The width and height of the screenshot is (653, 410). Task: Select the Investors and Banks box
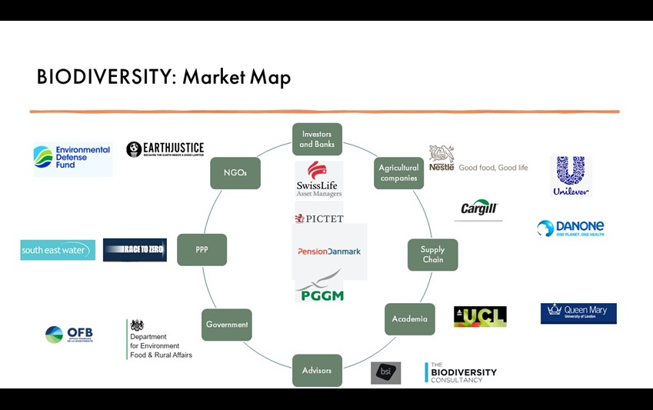317,139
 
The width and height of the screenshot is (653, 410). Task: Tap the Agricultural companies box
398,173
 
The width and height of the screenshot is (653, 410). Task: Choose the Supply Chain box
432,255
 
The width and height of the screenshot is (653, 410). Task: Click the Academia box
409,319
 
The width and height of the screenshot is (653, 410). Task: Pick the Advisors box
317,370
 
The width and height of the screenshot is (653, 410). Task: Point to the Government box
227,325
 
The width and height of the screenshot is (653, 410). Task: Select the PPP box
202,250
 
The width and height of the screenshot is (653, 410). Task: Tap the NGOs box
235,173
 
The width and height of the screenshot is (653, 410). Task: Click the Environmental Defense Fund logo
72,158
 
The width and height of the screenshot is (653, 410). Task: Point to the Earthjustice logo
165,149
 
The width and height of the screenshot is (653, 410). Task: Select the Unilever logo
571,176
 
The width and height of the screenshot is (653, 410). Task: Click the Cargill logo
479,208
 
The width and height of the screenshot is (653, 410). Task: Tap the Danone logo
571,228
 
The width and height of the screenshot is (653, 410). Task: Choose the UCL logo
480,316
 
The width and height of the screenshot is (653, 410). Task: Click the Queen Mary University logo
578,313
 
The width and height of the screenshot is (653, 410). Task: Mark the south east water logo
58,250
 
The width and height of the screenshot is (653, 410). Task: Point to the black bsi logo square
385,373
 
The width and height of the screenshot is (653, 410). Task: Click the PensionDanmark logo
329,252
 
